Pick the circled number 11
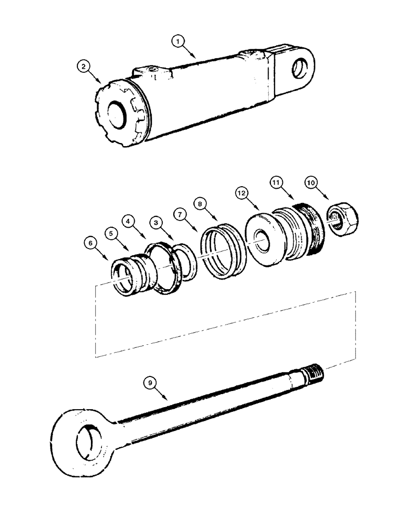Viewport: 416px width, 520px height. pos(276,183)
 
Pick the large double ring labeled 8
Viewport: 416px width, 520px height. pos(222,251)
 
